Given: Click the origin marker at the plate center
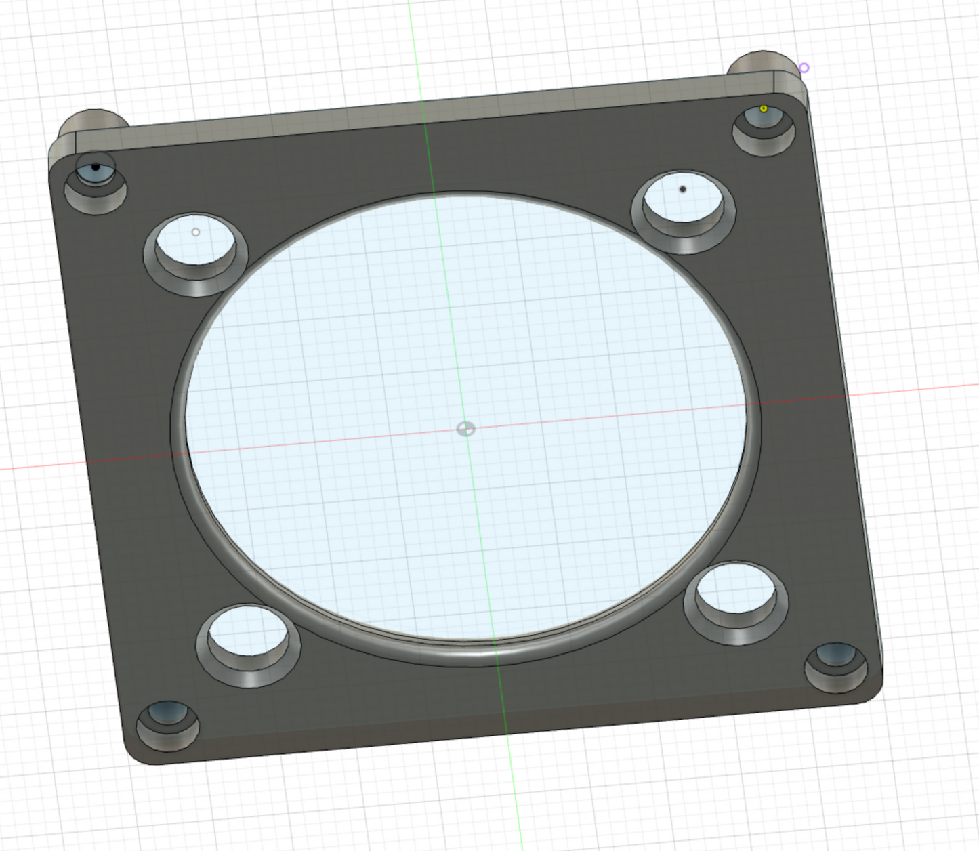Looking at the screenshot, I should pos(465,428).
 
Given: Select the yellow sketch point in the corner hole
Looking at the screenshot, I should pos(764,108).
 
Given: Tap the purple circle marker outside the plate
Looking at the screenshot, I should pos(804,68).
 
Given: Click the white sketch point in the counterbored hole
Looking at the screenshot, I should pos(196,232).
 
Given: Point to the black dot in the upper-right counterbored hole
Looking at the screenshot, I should pos(682,189).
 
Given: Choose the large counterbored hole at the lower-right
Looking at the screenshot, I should pos(736,600).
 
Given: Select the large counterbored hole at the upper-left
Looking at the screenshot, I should pos(196,252).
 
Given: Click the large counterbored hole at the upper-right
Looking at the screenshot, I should pos(683,209).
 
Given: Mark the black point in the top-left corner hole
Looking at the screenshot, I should pos(96,167).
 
